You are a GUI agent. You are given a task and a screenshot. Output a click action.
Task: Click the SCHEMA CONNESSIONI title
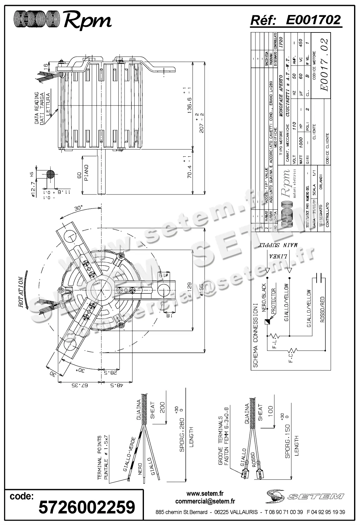click(256, 334)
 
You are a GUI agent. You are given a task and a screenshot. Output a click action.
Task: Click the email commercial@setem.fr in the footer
click(205, 502)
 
